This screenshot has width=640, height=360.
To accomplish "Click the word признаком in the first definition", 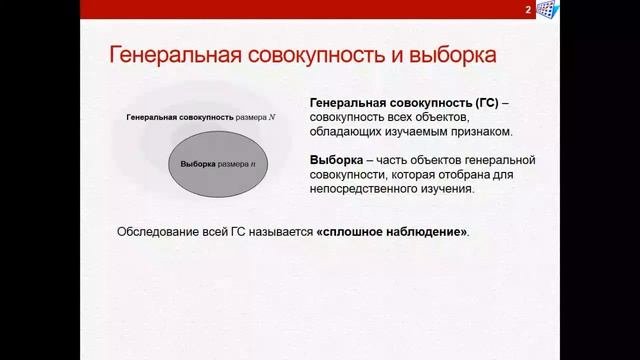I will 481,131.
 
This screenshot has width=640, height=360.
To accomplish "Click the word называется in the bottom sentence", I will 272,231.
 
